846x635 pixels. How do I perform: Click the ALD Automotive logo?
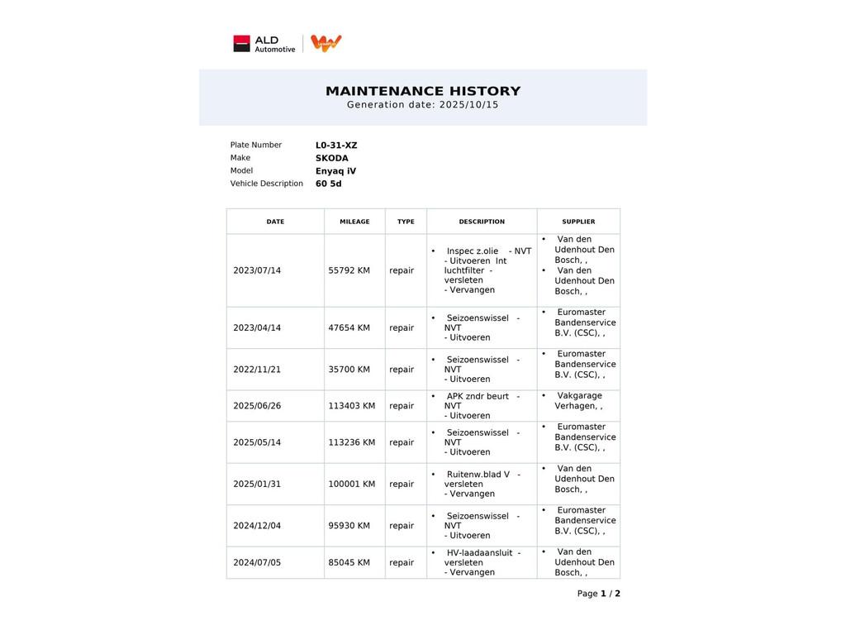(264, 44)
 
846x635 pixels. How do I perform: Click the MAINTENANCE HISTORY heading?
(423, 91)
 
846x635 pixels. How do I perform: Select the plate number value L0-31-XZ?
(336, 146)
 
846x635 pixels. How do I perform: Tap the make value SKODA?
(331, 159)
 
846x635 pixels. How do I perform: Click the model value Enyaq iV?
(335, 171)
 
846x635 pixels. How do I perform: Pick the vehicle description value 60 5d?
(328, 184)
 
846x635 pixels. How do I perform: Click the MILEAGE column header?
(354, 222)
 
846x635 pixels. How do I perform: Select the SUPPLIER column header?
(578, 222)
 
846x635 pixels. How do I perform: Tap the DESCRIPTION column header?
(482, 222)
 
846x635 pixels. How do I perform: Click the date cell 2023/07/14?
(257, 270)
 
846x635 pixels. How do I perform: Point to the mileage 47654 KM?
(349, 328)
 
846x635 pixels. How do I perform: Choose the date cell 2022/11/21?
(257, 370)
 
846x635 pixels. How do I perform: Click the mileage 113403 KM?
(351, 406)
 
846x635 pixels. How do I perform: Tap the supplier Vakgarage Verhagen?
(578, 401)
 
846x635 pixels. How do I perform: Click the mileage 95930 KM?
(349, 526)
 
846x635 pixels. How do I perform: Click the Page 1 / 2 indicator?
(598, 594)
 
